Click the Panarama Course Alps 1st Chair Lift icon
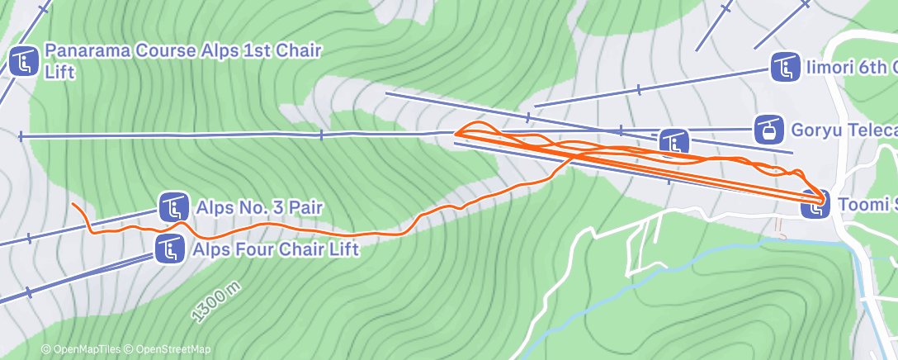pos(24,61)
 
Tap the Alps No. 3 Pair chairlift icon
pos(173,206)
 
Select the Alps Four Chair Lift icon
pos(169,248)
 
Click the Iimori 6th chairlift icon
pos(784,68)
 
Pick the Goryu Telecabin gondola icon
pos(769,129)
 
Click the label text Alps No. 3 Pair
pos(259,206)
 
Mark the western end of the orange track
pos(73,204)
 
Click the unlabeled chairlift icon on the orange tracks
pos(673,143)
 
